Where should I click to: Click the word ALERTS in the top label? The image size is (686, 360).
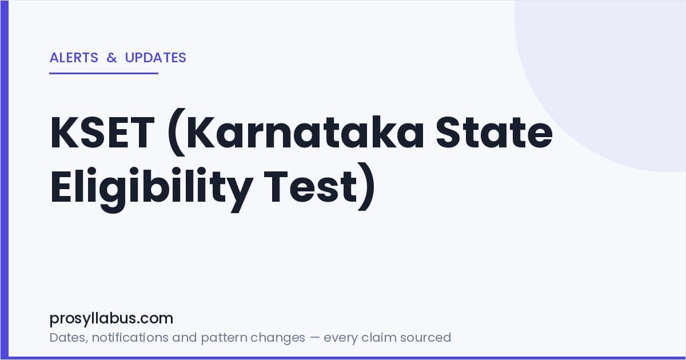[74, 58]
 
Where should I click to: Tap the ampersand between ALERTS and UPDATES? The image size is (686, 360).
[112, 58]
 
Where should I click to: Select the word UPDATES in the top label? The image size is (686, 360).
[155, 58]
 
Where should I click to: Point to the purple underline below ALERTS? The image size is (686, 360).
[104, 74]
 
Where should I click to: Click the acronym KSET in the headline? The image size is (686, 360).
[102, 133]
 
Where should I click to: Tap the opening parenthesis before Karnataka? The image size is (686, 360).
[177, 132]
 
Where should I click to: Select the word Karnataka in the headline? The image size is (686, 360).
[305, 131]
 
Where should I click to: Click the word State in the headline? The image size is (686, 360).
[494, 133]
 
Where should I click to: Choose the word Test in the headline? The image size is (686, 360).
[310, 187]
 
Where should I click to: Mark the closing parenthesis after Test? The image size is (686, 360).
[366, 187]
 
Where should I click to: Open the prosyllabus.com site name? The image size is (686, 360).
[111, 319]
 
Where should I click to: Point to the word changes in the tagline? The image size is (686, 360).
[278, 338]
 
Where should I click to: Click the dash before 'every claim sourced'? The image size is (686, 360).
[314, 338]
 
